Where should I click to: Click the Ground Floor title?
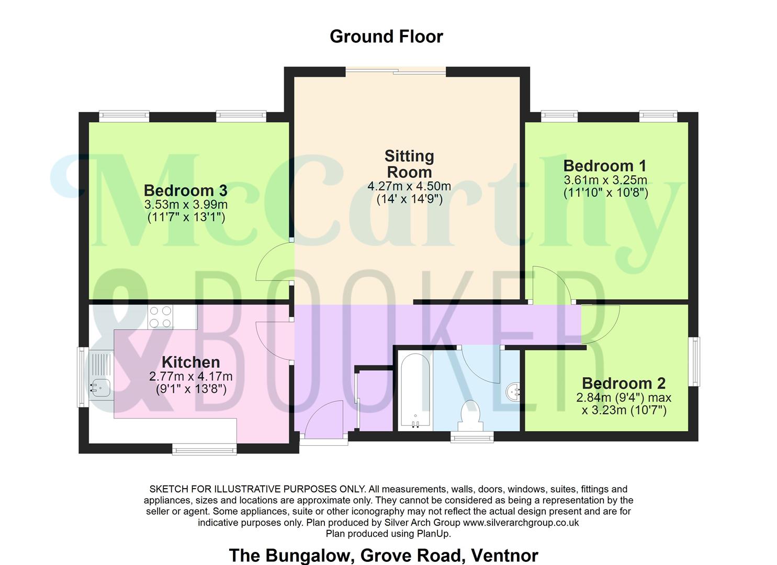coord(386,37)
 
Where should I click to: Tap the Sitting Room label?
coord(409,164)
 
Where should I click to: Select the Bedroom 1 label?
coord(605,166)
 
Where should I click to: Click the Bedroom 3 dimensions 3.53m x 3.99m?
coord(186,205)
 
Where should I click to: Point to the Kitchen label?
coord(190,362)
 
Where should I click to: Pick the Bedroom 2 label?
coord(624,383)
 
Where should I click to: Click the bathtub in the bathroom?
coord(414,390)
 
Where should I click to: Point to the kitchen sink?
coord(100,388)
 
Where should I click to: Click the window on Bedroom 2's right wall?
coord(694,361)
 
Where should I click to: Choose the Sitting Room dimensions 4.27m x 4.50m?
coord(409,186)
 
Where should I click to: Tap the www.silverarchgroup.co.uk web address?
coord(521,523)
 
